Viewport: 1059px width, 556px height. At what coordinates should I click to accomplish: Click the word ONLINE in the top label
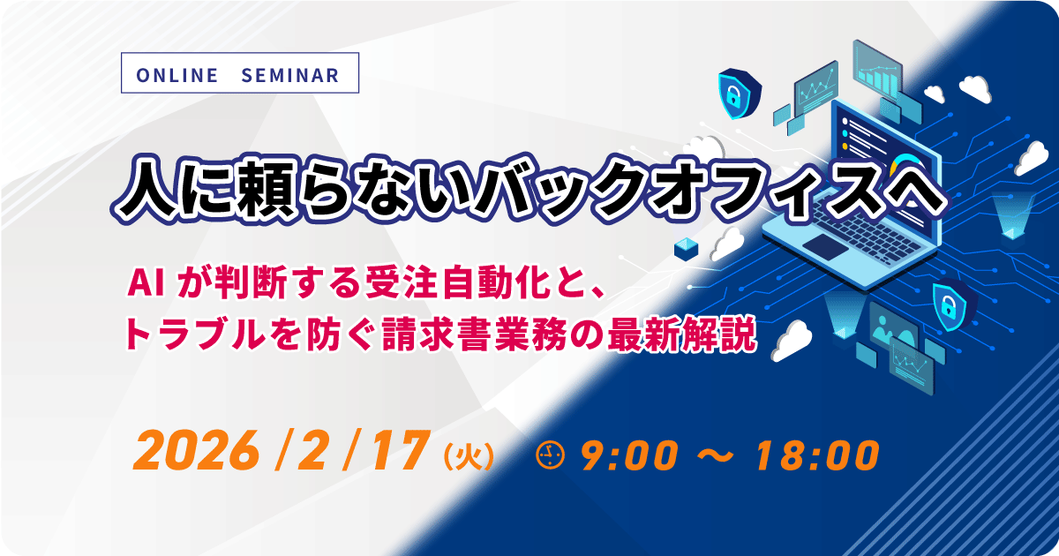[x=176, y=75]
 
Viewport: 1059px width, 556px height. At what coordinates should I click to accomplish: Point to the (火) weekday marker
[x=469, y=456]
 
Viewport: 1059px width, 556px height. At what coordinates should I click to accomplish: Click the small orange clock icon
[x=550, y=455]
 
